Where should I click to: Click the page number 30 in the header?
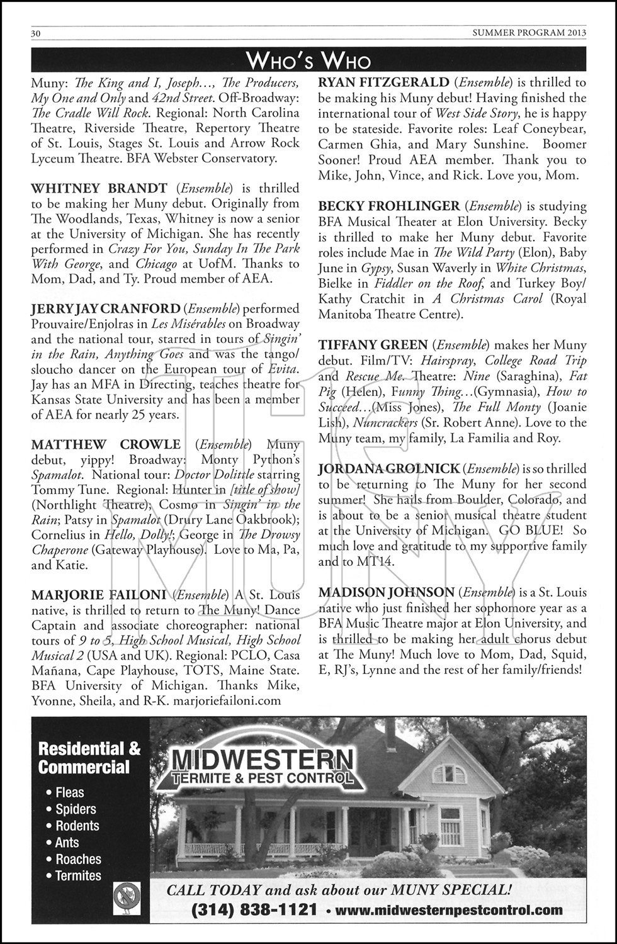36,33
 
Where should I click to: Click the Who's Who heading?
308,60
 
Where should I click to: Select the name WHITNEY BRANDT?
99,188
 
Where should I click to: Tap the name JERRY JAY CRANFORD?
106,309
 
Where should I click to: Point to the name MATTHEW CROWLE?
106,445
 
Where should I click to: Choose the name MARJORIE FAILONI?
99,595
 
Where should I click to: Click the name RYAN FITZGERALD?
383,82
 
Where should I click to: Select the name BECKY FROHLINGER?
389,206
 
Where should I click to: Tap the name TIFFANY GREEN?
373,345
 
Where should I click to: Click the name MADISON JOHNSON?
386,592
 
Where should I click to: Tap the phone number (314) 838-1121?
254,910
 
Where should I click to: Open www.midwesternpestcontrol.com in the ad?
449,910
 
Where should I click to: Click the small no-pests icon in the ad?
127,898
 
